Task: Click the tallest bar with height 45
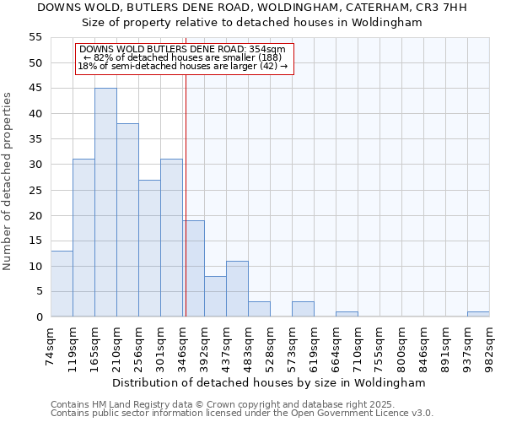[105, 203]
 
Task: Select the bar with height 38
[127, 220]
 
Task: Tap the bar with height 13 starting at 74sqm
[62, 284]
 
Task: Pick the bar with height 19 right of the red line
[194, 268]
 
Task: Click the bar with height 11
[237, 289]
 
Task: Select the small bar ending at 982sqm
[478, 314]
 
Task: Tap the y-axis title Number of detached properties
[8, 181]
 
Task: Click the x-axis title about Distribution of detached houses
[268, 382]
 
